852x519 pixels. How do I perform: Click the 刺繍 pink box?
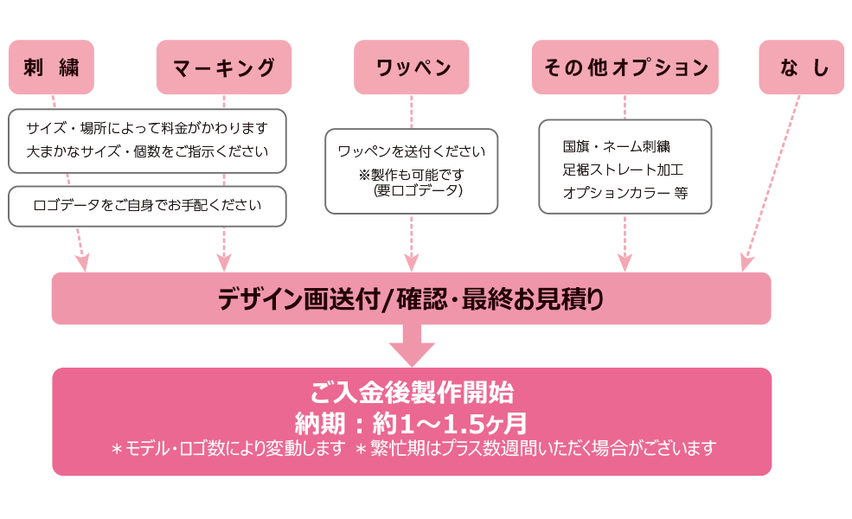[51, 67]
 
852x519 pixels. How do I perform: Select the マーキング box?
[224, 67]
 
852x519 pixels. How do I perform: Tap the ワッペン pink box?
[412, 67]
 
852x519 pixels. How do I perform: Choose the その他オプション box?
[625, 67]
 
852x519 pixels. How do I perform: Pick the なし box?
[802, 67]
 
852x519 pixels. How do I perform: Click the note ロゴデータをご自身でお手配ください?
[147, 206]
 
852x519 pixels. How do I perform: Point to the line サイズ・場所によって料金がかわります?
[147, 128]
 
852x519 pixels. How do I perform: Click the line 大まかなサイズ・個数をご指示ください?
[147, 152]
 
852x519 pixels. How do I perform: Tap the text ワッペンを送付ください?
[412, 151]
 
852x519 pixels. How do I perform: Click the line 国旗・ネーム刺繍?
[617, 146]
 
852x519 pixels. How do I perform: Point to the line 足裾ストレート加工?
[623, 170]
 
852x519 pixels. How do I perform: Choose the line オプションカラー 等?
[625, 193]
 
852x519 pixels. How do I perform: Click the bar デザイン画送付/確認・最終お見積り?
[411, 299]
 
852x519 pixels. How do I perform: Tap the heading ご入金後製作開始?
[412, 394]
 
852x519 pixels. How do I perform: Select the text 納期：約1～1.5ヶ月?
[412, 423]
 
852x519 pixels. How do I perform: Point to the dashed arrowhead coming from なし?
[746, 263]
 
